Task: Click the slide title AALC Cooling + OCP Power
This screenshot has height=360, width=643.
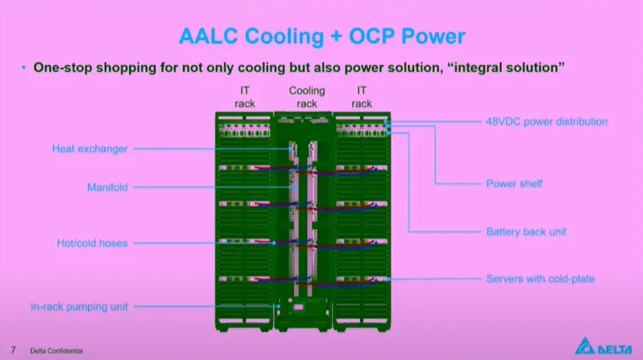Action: pyautogui.click(x=321, y=36)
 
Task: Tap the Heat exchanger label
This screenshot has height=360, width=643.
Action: pyautogui.click(x=89, y=149)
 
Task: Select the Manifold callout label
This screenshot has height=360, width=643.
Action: pyautogui.click(x=107, y=186)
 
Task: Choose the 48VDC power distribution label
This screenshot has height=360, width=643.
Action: pyautogui.click(x=547, y=121)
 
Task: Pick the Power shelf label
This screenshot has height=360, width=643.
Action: pyautogui.click(x=514, y=183)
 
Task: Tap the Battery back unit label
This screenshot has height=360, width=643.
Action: pyautogui.click(x=526, y=232)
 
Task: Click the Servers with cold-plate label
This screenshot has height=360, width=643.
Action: pyautogui.click(x=540, y=279)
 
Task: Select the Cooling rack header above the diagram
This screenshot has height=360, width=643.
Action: pyautogui.click(x=307, y=97)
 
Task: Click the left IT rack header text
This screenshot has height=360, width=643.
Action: pyautogui.click(x=245, y=97)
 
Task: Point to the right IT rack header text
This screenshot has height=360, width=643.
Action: pyautogui.click(x=362, y=97)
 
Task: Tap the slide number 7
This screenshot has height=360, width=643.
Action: pyautogui.click(x=13, y=350)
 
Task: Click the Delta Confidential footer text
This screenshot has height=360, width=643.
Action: pyautogui.click(x=57, y=351)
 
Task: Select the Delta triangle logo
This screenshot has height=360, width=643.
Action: pyautogui.click(x=587, y=345)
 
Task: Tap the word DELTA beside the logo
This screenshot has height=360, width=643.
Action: pyautogui.click(x=617, y=348)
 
